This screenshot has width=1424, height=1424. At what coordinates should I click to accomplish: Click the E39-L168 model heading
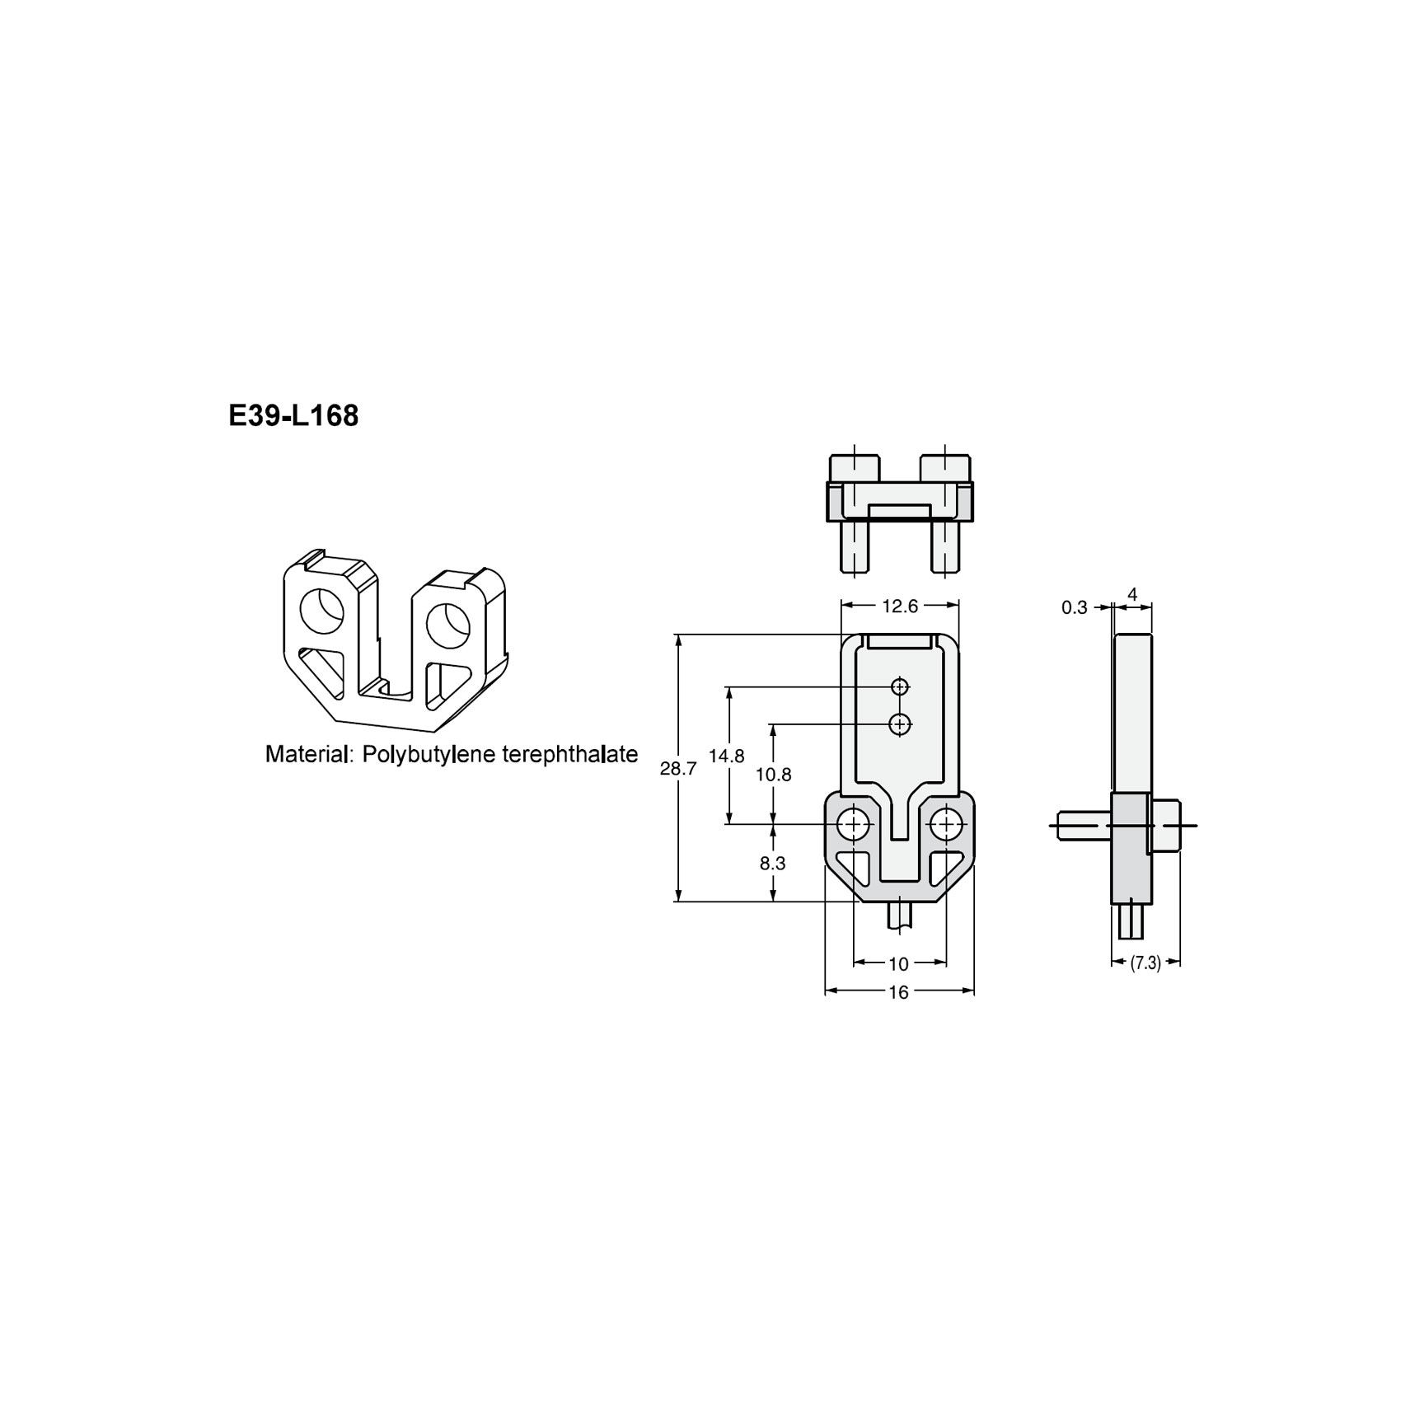tap(293, 416)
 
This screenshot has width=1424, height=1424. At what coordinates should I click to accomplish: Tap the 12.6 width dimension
tap(899, 607)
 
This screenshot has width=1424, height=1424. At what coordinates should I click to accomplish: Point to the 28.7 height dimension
tap(678, 769)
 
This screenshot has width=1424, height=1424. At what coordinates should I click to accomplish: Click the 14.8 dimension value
tap(726, 756)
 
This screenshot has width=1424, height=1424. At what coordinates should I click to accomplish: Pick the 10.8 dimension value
tap(773, 775)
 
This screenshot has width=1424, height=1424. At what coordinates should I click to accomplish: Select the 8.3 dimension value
tap(772, 864)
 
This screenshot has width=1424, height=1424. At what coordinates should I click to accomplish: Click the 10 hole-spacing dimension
tap(898, 963)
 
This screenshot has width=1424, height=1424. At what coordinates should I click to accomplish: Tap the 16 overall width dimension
tap(898, 993)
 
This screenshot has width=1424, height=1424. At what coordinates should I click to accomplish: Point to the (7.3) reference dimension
tap(1145, 963)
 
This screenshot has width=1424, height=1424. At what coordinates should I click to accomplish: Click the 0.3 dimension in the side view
tap(1074, 608)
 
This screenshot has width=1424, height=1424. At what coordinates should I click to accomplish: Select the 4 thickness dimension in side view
tap(1132, 594)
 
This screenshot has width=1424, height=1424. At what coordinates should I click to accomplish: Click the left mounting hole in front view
tap(854, 823)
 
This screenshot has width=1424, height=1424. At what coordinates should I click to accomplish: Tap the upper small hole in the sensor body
tap(900, 686)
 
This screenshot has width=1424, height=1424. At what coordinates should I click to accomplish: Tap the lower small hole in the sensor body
tap(900, 724)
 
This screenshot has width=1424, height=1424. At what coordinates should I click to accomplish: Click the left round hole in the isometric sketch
tap(321, 610)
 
